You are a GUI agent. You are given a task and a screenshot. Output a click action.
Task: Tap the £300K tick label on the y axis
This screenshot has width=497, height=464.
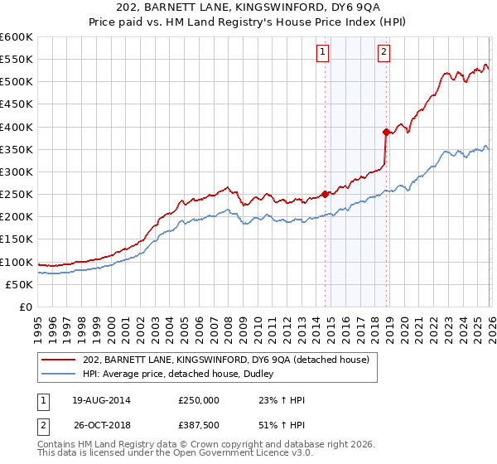point(17,172)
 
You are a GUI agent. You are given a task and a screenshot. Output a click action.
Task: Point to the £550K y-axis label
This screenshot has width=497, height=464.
point(17,60)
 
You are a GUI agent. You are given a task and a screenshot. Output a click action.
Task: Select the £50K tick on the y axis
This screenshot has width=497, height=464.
point(19,284)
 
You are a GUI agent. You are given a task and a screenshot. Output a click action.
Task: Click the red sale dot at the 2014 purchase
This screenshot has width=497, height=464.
point(325,194)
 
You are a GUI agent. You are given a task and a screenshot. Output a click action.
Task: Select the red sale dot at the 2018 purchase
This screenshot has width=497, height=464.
point(386,132)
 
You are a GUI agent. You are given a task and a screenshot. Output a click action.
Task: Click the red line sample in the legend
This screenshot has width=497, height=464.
point(60,359)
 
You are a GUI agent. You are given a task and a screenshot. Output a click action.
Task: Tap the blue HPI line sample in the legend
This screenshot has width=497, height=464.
point(60,374)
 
